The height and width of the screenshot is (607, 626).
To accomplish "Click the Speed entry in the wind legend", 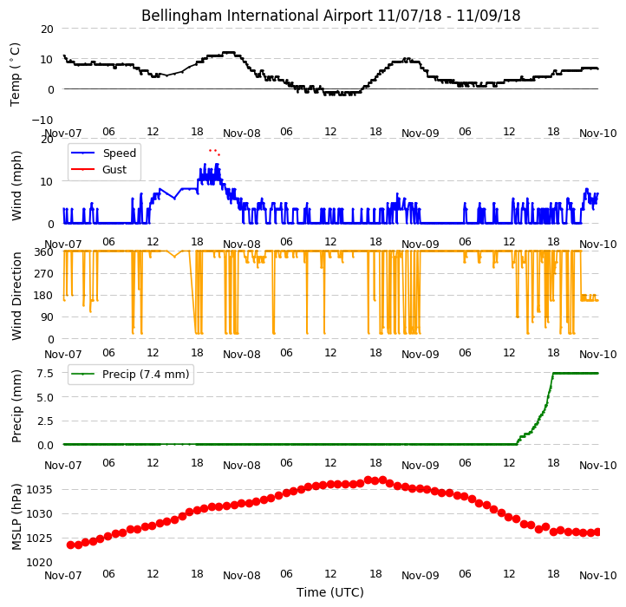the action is [104, 153].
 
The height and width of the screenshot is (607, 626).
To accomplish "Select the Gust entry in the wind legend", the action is [99, 169].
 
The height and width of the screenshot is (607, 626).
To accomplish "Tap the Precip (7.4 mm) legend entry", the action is [130, 375].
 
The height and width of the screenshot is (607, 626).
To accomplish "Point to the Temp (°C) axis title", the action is [15, 75].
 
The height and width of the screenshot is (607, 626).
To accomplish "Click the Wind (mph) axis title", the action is [16, 186].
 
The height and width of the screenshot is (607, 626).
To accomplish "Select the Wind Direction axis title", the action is [16, 296].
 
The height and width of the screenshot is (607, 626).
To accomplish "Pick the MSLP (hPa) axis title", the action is [16, 517].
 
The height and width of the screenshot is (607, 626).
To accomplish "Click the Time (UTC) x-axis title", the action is [330, 592].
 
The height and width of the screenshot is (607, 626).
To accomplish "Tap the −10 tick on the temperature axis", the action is [42, 120].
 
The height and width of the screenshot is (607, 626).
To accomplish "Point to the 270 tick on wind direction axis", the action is [44, 274].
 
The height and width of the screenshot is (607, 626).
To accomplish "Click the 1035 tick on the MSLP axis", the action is [39, 490].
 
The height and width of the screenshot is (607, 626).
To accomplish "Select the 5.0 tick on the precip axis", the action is [45, 397].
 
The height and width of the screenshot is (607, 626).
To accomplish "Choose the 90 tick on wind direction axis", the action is [47, 317].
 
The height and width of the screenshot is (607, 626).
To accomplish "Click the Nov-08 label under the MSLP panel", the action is [242, 576].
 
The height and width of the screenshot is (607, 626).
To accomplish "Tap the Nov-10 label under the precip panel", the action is [598, 466].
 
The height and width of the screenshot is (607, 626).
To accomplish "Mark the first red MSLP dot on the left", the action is [71, 545].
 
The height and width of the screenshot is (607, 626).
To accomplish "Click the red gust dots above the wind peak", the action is [214, 152].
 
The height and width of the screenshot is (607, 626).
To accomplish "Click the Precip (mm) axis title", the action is [16, 406].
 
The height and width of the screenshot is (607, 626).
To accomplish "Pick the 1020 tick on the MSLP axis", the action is [39, 563].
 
